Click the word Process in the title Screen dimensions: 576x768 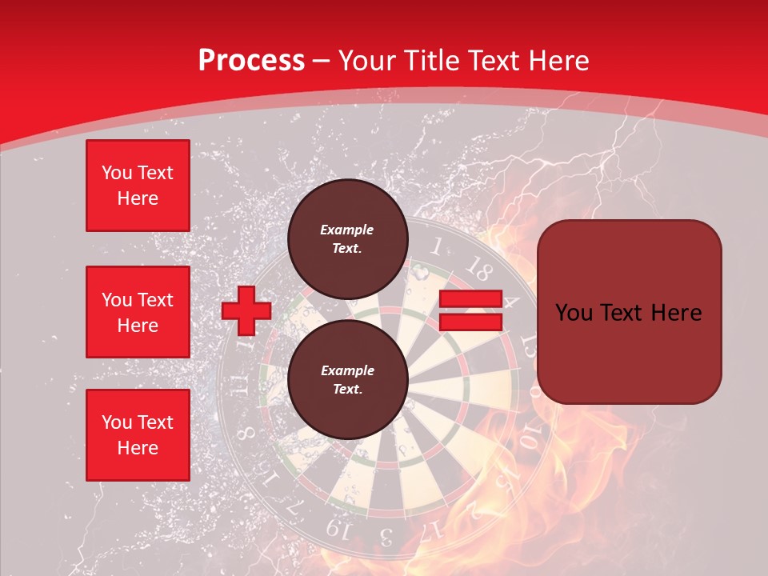(251, 60)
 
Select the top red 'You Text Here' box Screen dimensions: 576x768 (138, 186)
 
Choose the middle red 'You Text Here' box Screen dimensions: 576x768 (138, 312)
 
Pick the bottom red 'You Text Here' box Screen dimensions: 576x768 (138, 434)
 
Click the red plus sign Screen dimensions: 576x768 (246, 310)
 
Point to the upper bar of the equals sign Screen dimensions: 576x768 (470, 299)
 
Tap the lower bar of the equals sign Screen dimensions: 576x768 (470, 322)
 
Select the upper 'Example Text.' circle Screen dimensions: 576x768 (347, 238)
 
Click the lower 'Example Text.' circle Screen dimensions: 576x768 (347, 379)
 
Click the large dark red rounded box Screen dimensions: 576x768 (629, 312)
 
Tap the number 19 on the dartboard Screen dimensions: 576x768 (338, 529)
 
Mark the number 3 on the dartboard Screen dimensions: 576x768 (386, 534)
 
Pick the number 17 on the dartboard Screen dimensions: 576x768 (433, 529)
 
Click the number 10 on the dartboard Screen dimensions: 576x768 (529, 438)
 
